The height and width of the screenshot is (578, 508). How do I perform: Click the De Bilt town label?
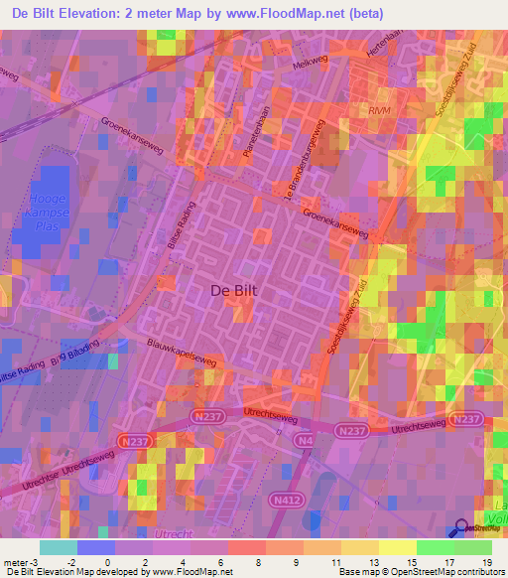pos(236,290)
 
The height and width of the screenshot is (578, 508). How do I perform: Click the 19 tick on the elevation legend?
pos(486,561)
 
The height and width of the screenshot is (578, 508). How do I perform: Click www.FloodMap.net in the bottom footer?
pos(192,572)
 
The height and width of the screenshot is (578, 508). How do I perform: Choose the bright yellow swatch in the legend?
pos(398,547)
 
